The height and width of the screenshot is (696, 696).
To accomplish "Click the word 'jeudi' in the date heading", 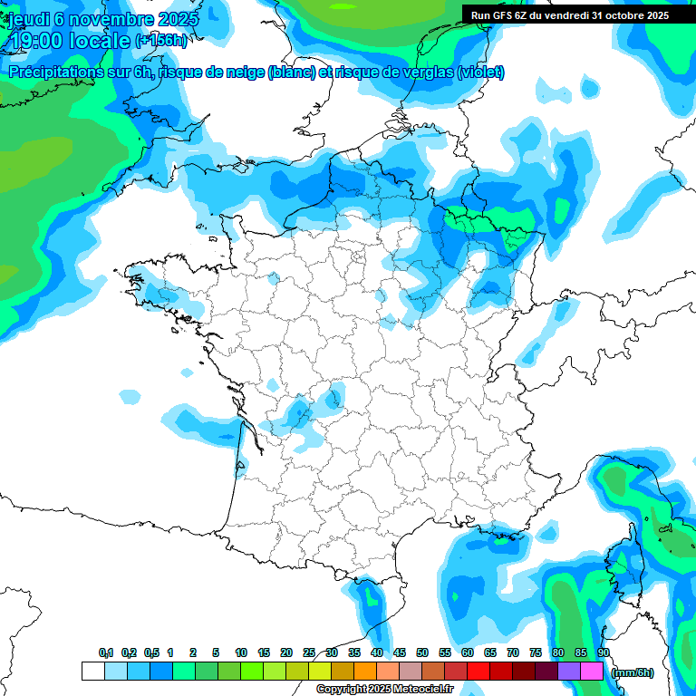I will [x=28, y=19].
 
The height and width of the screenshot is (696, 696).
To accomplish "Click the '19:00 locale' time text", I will [x=69, y=41].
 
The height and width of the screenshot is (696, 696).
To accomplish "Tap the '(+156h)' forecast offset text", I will [x=161, y=41].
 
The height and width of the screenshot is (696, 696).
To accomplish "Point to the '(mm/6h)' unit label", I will [x=633, y=672].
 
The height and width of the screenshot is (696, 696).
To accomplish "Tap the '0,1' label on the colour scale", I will [x=106, y=652].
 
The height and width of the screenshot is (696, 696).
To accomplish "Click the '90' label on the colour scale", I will [x=604, y=652].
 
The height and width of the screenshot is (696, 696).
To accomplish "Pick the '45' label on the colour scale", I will [x=400, y=652].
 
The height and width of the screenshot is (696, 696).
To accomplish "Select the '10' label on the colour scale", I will [x=241, y=652].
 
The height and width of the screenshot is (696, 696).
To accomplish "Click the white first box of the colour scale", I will [x=92, y=672].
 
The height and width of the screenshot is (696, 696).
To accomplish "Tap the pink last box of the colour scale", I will [x=592, y=672].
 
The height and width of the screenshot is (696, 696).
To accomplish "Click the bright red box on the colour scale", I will [x=478, y=672].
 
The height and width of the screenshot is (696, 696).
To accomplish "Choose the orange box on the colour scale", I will [x=365, y=672].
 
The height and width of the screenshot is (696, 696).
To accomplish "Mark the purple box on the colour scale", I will [x=569, y=672].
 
